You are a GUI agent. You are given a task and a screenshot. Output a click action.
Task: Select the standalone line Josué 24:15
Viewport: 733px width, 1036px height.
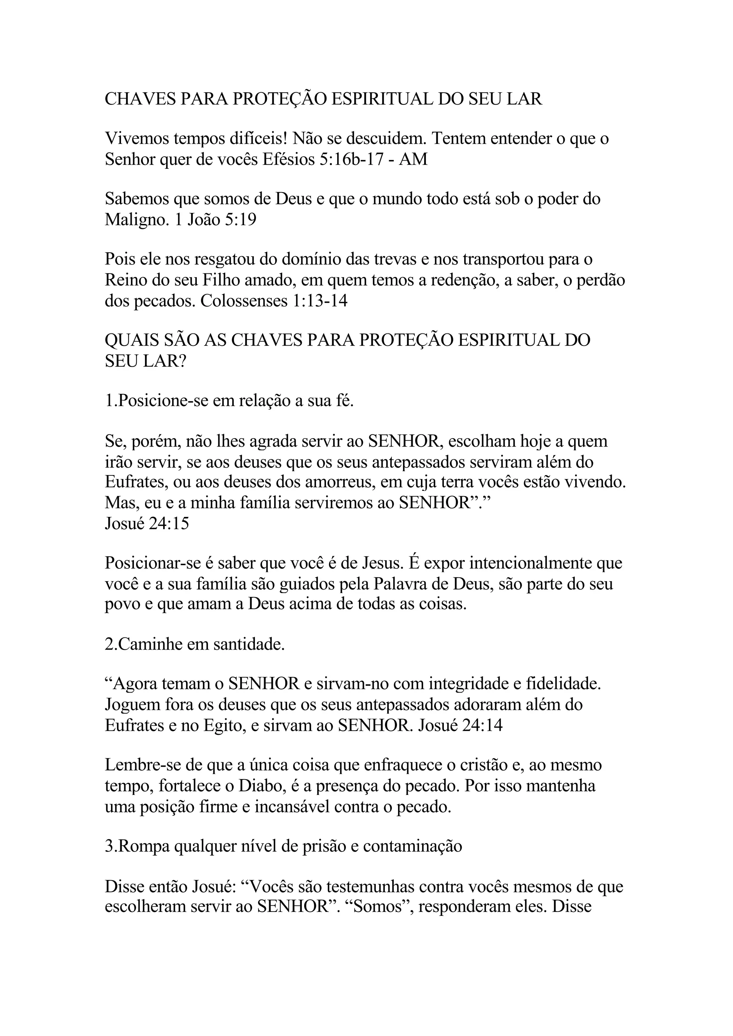pos(147,523)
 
